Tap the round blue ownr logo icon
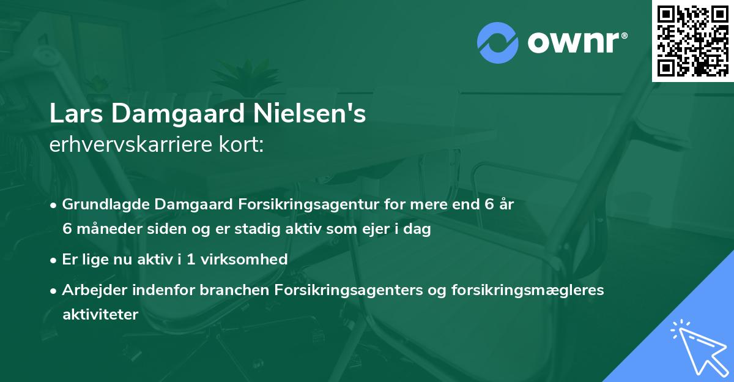(x=499, y=42)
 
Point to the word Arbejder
(x=92, y=290)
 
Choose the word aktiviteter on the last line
(x=100, y=314)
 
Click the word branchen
(x=228, y=290)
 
